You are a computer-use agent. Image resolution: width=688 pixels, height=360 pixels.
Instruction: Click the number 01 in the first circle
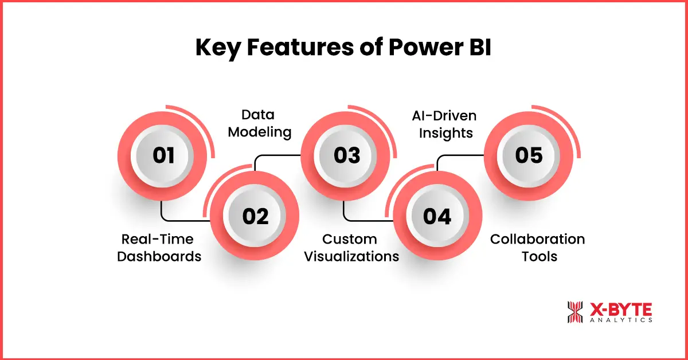tap(163, 156)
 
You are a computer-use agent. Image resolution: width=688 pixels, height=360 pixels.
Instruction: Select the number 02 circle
tap(255, 216)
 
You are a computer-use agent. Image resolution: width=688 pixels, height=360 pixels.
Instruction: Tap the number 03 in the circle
tap(346, 156)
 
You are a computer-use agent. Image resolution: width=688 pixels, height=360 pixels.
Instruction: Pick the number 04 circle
tap(437, 216)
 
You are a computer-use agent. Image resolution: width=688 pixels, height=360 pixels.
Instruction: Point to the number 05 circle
tap(529, 156)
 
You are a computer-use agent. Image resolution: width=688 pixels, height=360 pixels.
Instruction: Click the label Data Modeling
tap(259, 123)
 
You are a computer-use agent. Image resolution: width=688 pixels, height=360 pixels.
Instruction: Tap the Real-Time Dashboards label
tap(159, 247)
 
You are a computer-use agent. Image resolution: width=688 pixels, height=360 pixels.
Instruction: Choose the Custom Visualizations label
tap(351, 247)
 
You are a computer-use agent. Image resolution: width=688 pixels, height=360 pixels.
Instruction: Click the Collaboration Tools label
tap(537, 247)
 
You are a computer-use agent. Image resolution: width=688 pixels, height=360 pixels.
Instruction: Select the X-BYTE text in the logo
tap(620, 309)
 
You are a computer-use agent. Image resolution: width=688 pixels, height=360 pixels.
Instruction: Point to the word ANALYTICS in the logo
tap(620, 320)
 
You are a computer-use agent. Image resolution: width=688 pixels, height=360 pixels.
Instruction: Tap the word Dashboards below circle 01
tap(159, 256)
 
